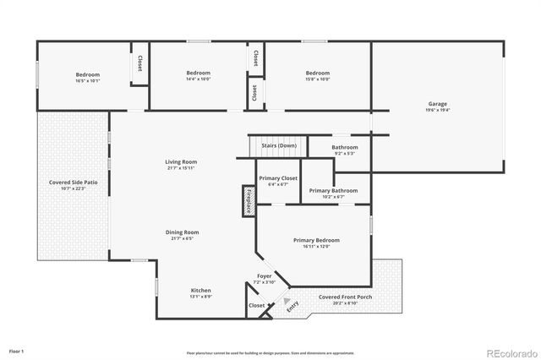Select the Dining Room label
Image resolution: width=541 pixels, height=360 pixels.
[x=181, y=234]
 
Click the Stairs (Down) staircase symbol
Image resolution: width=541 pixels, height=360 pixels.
[x=278, y=146]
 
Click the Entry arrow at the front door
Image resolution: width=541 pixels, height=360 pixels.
[x=287, y=302]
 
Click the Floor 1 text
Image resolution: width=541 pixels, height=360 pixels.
[x=17, y=350]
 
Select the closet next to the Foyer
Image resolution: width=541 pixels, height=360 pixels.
[x=256, y=305]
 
